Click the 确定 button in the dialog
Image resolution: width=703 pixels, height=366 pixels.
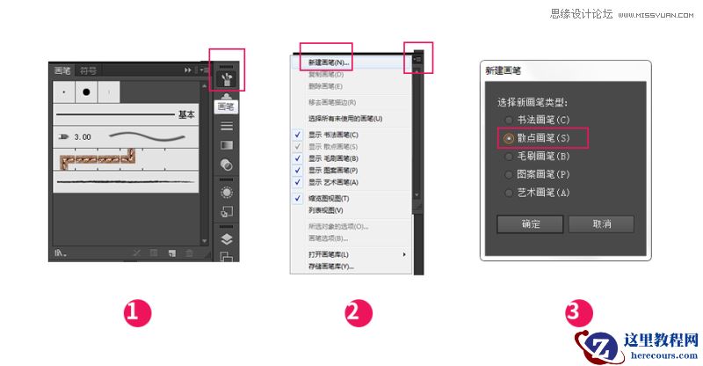tap(530, 223)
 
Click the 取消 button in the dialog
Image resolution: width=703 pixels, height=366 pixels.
tap(601, 223)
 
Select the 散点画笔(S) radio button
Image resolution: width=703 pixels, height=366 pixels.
tap(509, 138)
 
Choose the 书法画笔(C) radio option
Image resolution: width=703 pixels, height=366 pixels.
tap(509, 120)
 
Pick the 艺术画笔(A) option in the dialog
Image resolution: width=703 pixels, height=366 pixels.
tap(509, 192)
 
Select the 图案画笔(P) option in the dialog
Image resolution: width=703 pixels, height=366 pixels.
tap(509, 174)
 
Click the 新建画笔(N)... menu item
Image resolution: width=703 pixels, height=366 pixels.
tap(329, 63)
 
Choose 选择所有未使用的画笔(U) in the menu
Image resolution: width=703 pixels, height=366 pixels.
tap(345, 118)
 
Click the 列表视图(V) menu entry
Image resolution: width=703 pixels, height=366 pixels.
tap(325, 210)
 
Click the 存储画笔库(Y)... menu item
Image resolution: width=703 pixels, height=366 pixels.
tap(330, 266)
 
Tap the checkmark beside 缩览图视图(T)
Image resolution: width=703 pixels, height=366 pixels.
tap(299, 199)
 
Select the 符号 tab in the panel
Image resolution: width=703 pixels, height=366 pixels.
tap(89, 70)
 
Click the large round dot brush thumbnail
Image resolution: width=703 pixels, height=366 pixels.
tap(86, 91)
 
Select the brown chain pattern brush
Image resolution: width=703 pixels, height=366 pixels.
tap(97, 159)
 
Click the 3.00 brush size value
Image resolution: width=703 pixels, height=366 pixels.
tap(83, 137)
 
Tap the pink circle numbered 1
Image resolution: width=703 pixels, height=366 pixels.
tap(137, 313)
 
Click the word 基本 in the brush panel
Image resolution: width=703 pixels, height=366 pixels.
tap(186, 114)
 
